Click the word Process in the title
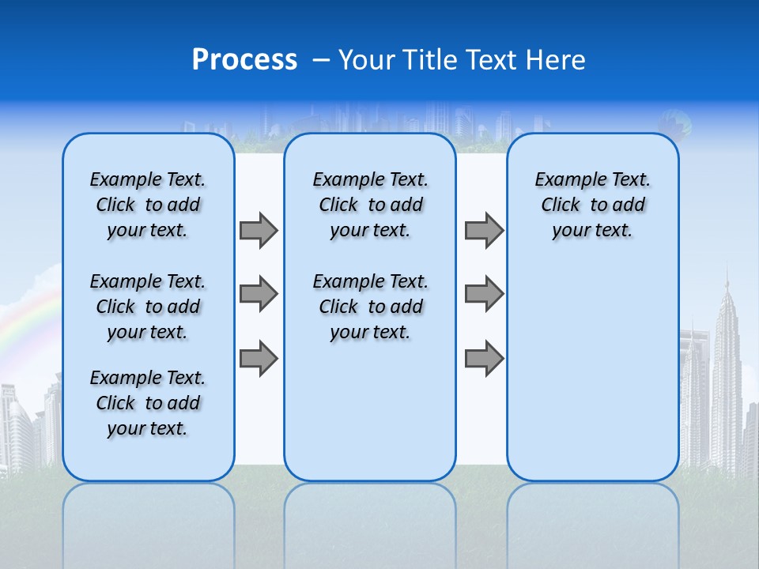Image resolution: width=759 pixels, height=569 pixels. (244, 59)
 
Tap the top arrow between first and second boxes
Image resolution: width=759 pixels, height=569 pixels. (259, 231)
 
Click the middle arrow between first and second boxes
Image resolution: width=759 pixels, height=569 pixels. (259, 295)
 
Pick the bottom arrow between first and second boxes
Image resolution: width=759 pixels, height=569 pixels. (259, 358)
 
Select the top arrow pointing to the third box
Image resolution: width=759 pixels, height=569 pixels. (484, 231)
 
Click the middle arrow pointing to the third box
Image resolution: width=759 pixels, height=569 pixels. (484, 295)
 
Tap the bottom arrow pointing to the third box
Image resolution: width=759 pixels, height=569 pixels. (484, 358)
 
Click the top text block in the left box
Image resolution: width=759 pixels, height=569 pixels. (148, 205)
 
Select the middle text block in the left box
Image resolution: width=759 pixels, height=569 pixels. (148, 307)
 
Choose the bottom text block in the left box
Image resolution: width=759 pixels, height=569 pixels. (148, 403)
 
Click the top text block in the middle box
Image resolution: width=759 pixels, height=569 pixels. (370, 205)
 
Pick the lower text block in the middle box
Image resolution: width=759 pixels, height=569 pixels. (370, 307)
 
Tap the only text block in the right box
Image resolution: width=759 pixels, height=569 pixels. (593, 205)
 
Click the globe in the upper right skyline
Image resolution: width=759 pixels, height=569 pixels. (678, 124)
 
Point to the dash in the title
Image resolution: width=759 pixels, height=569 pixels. (320, 60)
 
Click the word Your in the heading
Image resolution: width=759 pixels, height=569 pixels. (368, 60)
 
